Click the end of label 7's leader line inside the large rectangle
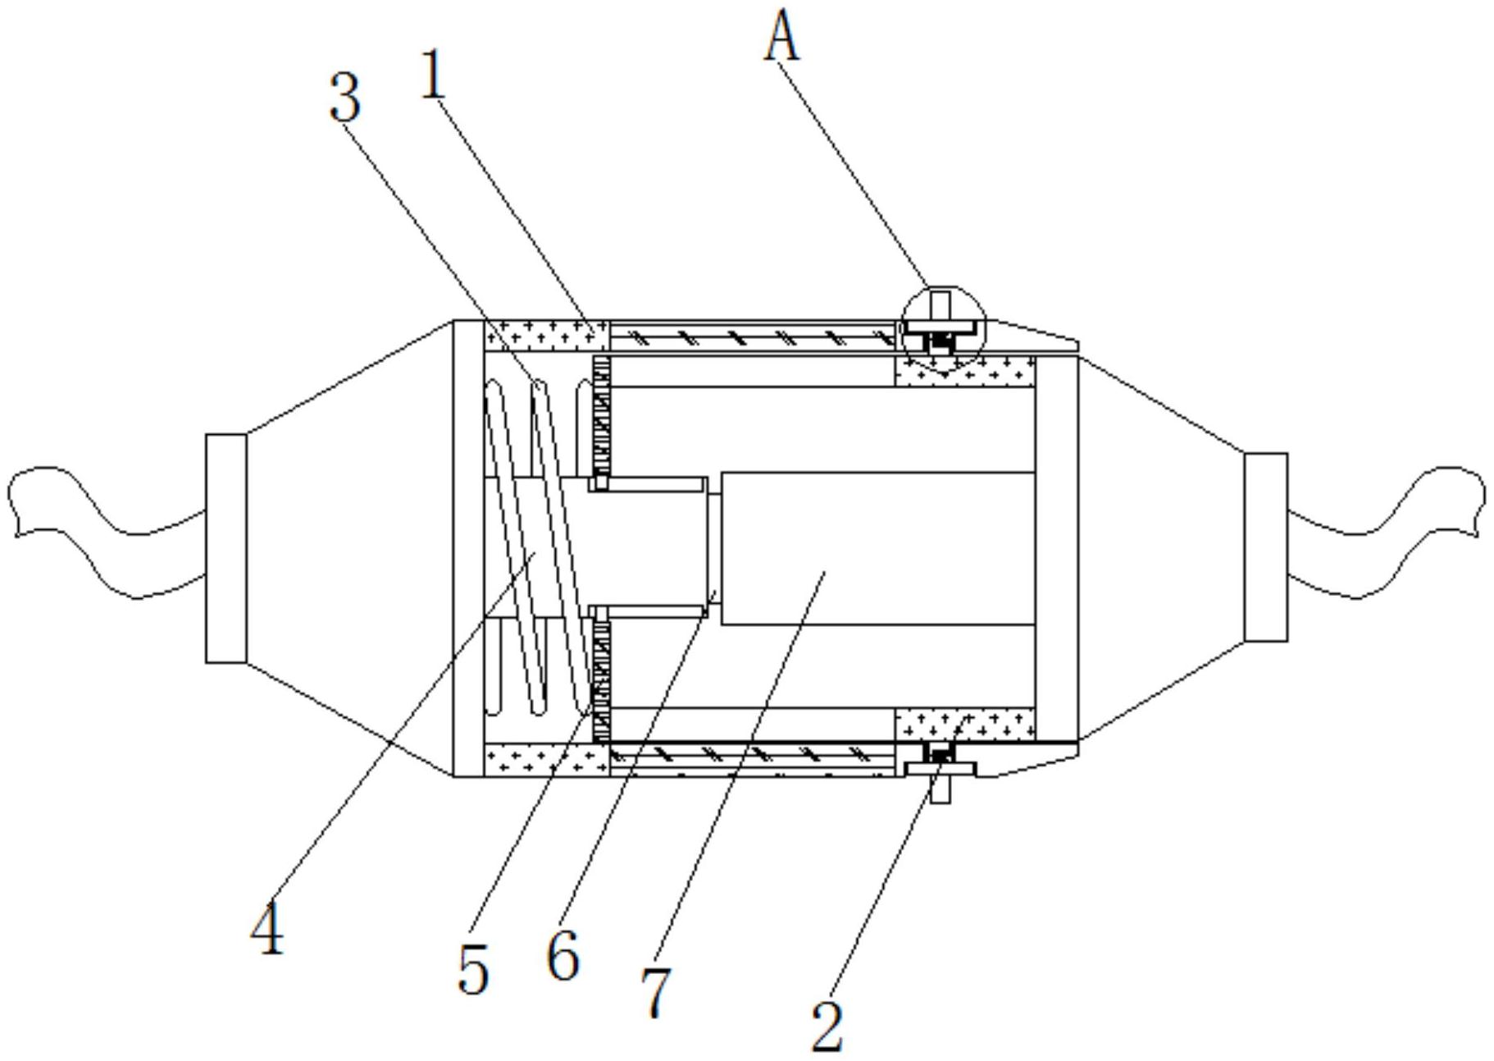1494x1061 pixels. tap(825, 573)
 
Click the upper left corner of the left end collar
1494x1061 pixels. tap(206, 435)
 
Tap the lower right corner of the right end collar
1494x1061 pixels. tap(1287, 641)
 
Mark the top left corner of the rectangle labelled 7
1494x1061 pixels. tap(720, 473)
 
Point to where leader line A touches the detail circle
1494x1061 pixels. tap(929, 288)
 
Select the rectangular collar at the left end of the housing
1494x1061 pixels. tap(225, 548)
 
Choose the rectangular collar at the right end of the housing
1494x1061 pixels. tap(1265, 547)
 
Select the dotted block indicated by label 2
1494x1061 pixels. tap(964, 725)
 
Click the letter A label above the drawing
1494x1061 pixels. tap(781, 38)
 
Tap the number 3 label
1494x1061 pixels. tap(345, 97)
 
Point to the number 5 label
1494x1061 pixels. tap(474, 969)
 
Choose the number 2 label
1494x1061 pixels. tap(827, 1026)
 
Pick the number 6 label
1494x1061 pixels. tap(563, 955)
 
